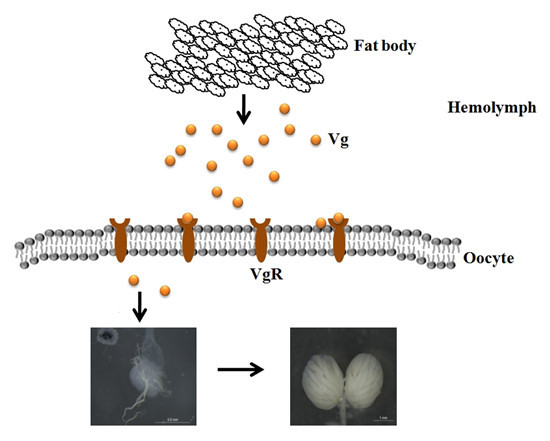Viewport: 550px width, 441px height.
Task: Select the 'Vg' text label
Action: (x=338, y=140)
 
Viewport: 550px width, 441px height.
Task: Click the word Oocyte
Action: (x=489, y=257)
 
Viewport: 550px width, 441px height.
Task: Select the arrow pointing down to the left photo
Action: (x=140, y=305)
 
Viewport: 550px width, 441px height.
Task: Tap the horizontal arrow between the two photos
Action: (x=240, y=369)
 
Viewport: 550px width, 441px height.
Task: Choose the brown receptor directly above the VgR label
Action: (x=260, y=240)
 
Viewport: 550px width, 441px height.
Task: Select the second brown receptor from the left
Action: (x=187, y=239)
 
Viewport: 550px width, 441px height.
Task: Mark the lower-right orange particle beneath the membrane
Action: (x=164, y=291)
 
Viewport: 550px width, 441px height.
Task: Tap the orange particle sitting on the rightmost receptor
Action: (x=339, y=218)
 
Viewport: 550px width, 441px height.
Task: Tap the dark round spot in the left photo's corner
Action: (x=102, y=338)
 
